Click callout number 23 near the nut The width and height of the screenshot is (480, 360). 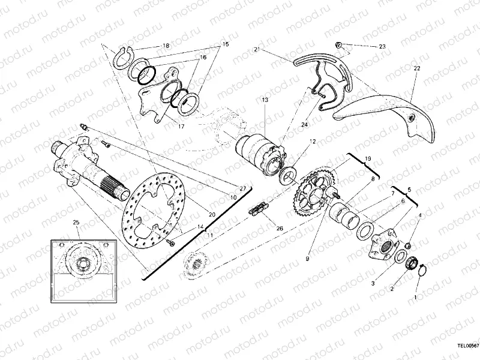[382, 46]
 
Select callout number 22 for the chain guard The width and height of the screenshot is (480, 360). [416, 69]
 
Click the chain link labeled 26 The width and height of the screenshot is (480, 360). [258, 210]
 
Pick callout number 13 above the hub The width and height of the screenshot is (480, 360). [264, 100]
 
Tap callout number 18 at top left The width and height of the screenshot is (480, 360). [166, 46]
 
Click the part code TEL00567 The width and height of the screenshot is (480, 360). [466, 346]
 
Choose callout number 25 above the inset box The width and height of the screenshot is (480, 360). [76, 223]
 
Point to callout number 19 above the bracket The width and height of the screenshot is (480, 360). [368, 158]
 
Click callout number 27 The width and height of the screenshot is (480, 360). [243, 188]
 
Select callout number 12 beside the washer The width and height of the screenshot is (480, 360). [312, 142]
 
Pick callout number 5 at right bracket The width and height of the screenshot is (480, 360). [410, 188]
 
